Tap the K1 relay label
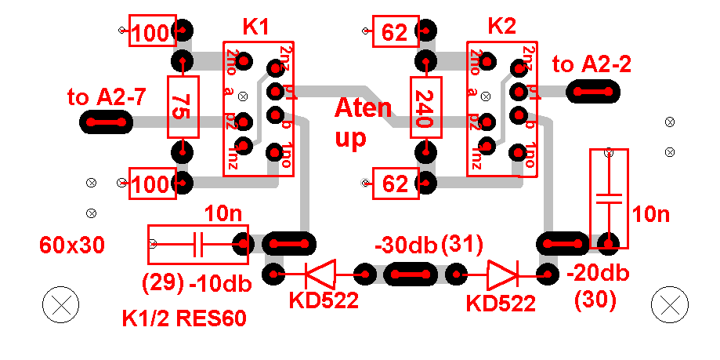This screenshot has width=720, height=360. pos(255,27)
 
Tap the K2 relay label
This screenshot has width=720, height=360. pos(501,27)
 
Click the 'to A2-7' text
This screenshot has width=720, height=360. pos(107,98)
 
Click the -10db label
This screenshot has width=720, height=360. pos(220,283)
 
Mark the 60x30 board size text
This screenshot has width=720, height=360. pos(71,245)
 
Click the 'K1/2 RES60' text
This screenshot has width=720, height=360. pos(184,319)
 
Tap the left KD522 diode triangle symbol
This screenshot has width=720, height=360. pos(320,275)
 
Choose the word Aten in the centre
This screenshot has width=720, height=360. pos(363,107)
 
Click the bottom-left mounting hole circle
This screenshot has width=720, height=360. pos(60,305)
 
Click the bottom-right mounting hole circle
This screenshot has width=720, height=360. pos(671,304)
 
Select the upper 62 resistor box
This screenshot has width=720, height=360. pos(396,33)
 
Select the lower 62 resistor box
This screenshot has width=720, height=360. pos(396,184)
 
